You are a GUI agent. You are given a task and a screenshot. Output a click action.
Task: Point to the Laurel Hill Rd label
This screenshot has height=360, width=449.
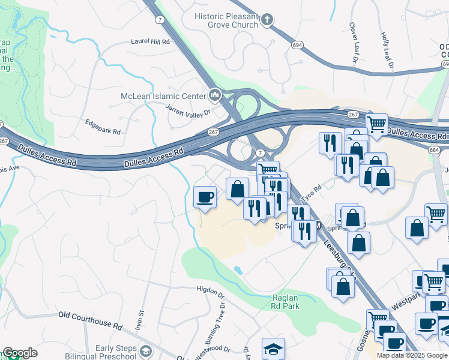150,43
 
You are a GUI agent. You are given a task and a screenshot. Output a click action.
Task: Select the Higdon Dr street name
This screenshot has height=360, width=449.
209,292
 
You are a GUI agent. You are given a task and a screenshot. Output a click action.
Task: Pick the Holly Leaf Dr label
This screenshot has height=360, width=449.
387,49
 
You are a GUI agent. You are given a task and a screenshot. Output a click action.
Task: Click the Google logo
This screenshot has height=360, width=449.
20,353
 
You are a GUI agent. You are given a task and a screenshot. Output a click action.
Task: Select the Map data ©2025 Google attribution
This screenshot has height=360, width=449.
412,355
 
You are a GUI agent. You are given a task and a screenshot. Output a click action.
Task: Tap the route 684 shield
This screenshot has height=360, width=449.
435,149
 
